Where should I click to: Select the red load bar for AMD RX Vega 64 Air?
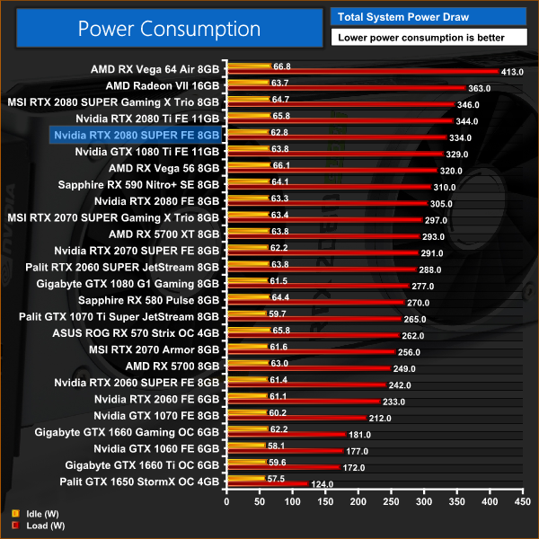click(x=359, y=71)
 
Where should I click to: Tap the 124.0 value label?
click(x=321, y=484)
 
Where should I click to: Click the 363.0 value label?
click(x=480, y=88)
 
